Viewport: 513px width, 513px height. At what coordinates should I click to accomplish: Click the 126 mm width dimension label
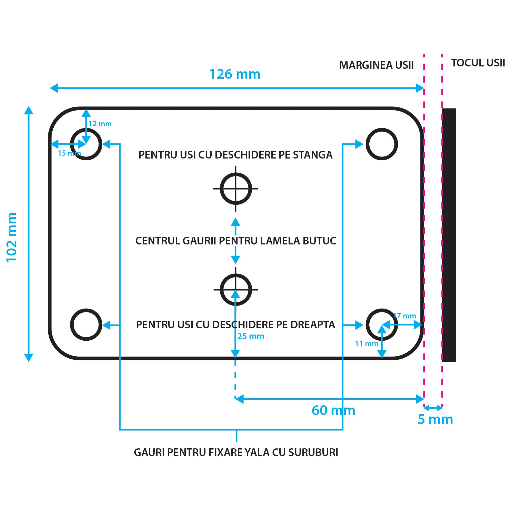[235, 74]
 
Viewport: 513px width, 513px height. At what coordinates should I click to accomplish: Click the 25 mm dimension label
[251, 337]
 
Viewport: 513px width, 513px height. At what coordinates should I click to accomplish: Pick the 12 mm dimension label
[100, 124]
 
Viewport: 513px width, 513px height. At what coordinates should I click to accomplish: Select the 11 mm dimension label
[367, 344]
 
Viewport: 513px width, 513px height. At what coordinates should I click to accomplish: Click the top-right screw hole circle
[382, 144]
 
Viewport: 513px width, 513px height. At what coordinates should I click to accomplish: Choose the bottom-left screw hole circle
[86, 324]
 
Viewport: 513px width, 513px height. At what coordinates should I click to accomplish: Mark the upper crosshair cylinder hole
[235, 189]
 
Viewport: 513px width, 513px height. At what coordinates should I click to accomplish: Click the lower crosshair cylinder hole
[235, 289]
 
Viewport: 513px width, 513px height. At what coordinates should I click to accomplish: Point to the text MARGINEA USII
[376, 65]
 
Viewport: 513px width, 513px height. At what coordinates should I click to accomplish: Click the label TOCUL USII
[478, 63]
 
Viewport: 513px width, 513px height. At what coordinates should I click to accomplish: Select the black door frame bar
[449, 235]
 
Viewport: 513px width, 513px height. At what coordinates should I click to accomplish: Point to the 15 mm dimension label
[69, 153]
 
